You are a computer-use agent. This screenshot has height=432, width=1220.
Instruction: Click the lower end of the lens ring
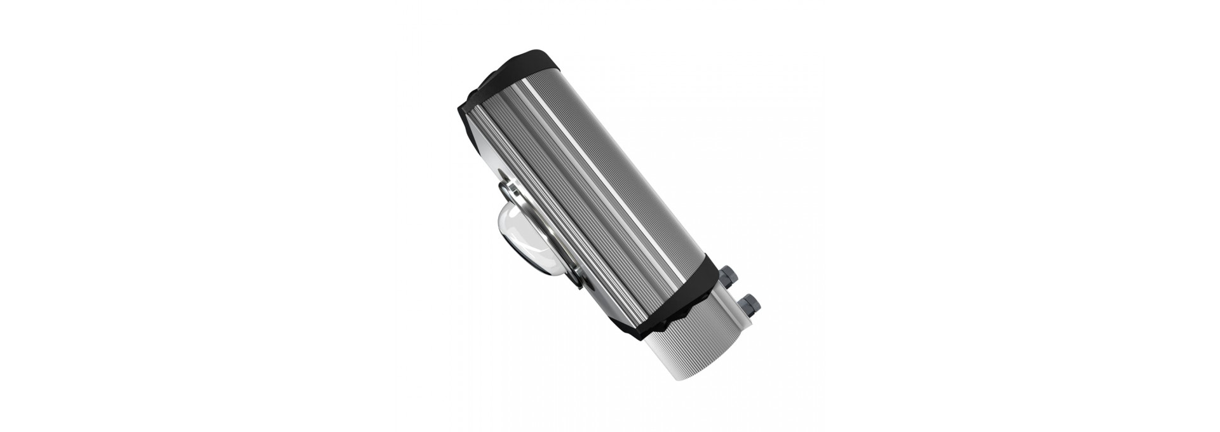[x=575, y=280]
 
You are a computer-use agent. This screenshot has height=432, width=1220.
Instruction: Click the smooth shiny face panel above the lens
[x=486, y=149]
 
